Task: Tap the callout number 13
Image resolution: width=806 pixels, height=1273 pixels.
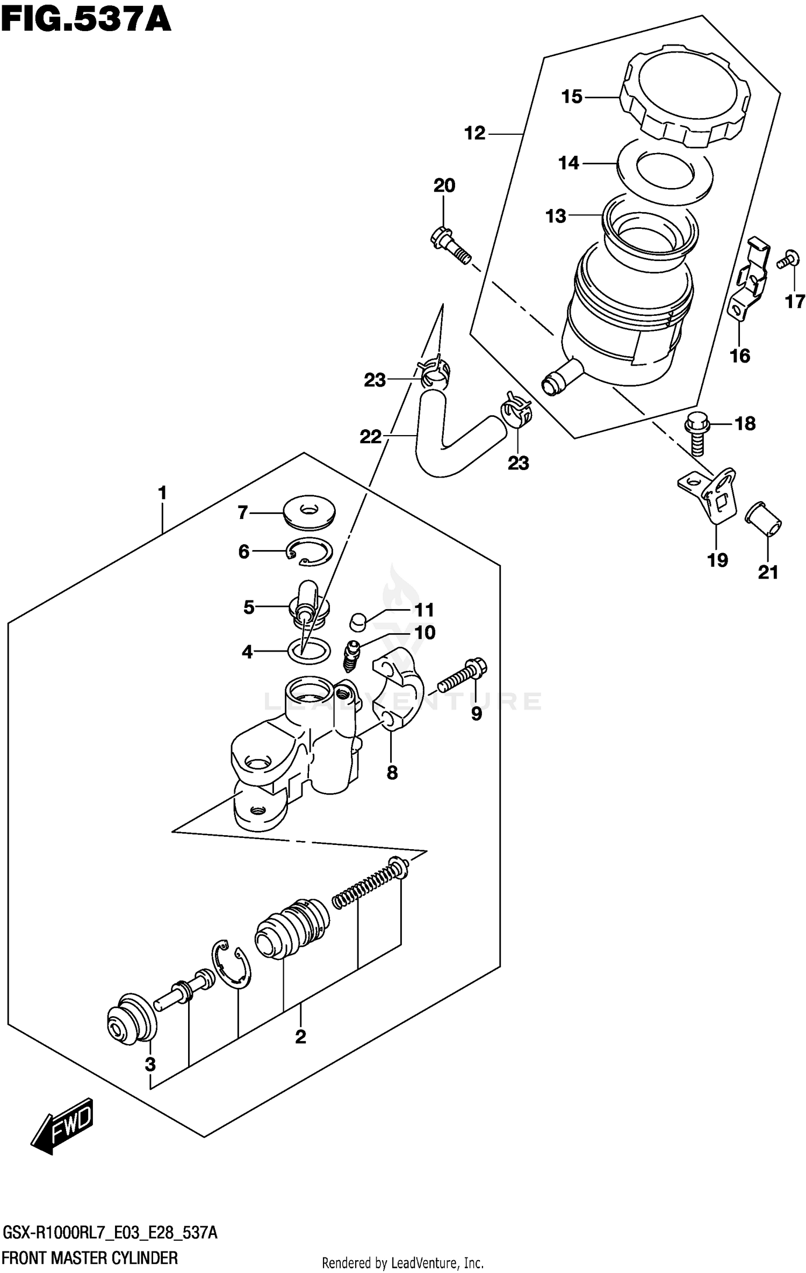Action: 556,216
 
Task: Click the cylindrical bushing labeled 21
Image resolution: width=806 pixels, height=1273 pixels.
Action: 762,520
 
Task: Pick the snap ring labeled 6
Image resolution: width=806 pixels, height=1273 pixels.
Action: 308,551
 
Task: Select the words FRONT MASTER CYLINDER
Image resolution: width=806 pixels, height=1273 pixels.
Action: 90,1258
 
